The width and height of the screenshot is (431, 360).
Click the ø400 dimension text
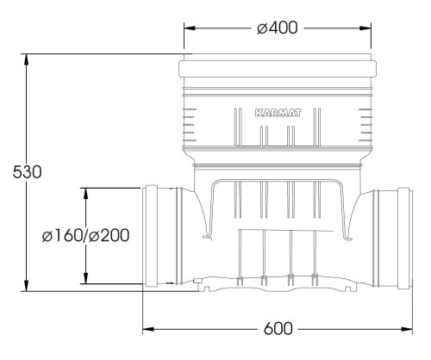278,28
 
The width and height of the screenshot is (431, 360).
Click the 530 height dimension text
27,172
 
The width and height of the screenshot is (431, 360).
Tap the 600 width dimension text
278,329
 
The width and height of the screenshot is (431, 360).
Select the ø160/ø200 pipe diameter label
85,235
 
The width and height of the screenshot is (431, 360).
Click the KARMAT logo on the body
278,113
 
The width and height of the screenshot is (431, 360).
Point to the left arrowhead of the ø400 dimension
190,28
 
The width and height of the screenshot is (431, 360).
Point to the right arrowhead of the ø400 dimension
365,28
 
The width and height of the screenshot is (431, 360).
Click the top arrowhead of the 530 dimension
27,59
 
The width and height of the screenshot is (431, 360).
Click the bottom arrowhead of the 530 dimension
27,285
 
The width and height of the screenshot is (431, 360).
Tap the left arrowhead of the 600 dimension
148,329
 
